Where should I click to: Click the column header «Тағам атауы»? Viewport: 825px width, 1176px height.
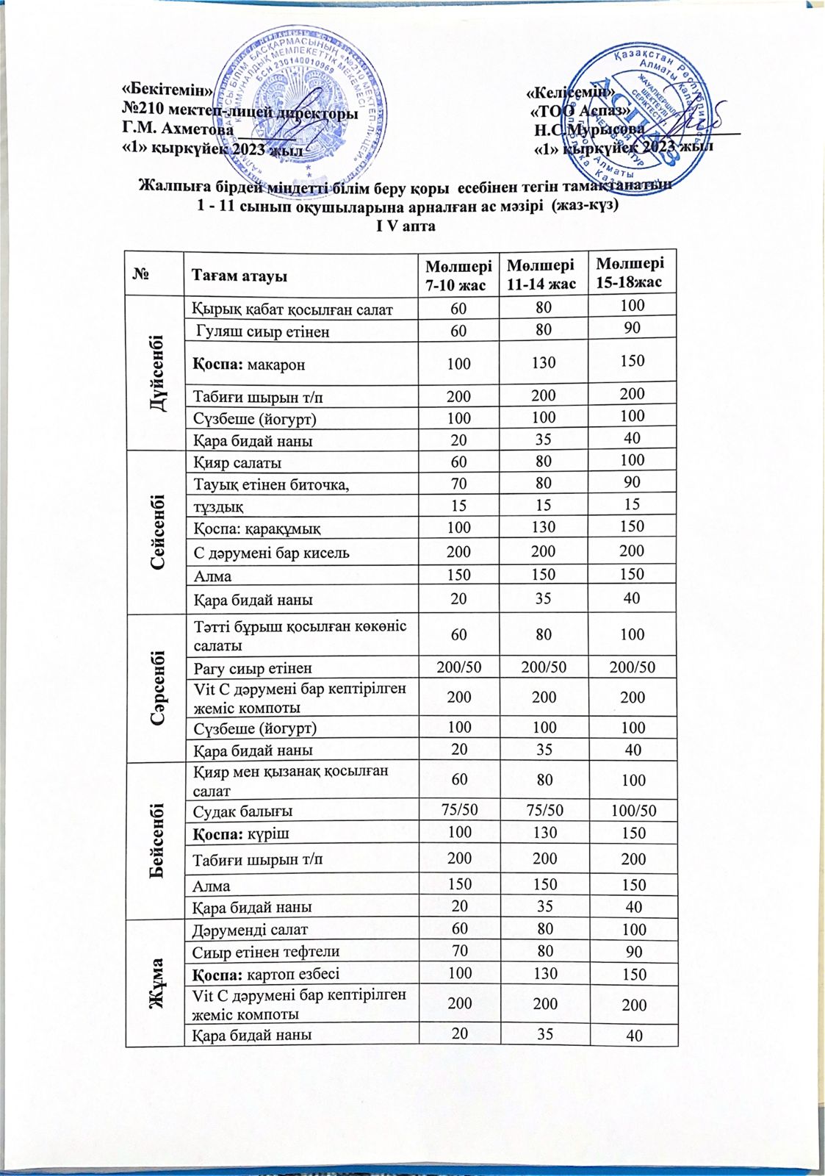pos(239,276)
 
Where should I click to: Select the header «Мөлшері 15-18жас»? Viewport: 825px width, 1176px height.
pos(630,273)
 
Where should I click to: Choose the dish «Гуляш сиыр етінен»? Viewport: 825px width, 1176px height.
pos(262,331)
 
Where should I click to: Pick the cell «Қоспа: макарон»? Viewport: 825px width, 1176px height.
pos(248,365)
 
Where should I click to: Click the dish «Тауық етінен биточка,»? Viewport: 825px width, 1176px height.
pos(271,484)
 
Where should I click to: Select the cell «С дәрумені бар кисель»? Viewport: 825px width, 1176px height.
pos(271,553)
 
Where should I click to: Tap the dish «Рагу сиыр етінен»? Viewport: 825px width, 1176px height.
pos(253,669)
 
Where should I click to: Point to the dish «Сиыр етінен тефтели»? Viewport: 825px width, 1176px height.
pos(266,953)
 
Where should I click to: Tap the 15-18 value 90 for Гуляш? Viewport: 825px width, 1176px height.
pos(632,328)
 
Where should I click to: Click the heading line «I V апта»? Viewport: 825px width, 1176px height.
pos(406,226)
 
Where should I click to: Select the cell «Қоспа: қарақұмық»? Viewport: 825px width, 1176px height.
pos(256,528)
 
